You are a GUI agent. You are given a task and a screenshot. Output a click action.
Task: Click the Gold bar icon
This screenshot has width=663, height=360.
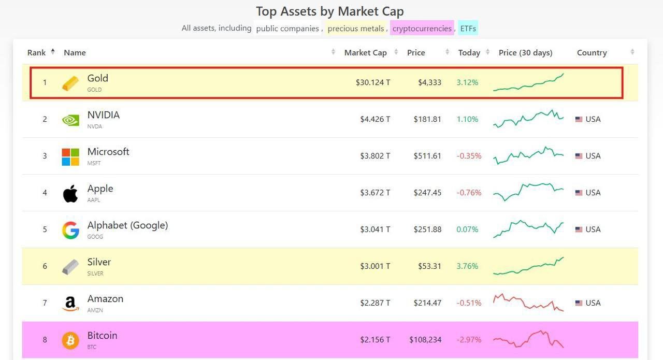70,83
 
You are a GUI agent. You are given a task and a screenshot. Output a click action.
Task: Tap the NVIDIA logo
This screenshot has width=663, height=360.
70,120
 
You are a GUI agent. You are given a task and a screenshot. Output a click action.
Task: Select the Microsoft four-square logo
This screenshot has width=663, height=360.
70,156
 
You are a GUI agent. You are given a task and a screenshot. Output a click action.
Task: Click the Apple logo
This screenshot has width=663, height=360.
70,193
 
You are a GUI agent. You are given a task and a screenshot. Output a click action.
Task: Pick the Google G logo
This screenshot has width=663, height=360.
70,230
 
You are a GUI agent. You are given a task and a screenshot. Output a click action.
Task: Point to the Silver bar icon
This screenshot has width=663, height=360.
70,267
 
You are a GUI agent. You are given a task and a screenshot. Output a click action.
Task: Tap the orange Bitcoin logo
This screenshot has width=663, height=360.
70,340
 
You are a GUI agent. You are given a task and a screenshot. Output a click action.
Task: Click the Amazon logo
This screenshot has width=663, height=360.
70,304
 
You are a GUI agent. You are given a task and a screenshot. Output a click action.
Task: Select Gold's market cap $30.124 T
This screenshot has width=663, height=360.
373,82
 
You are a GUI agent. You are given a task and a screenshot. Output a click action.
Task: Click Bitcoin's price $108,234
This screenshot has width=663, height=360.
425,340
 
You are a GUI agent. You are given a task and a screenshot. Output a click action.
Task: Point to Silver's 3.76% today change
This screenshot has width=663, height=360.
467,266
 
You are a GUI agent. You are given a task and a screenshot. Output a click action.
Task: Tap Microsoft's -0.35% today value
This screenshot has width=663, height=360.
469,156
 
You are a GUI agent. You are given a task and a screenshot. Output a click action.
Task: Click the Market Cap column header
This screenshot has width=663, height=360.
365,53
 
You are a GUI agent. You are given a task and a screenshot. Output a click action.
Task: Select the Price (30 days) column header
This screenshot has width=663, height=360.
525,53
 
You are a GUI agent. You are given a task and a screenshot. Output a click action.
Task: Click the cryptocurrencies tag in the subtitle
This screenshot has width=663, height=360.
422,28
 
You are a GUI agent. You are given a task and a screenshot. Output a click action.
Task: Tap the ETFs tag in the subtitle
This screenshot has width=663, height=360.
468,28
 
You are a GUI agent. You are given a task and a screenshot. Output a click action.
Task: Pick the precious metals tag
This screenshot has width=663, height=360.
356,28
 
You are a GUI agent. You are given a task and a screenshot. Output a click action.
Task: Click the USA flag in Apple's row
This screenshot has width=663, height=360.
579,193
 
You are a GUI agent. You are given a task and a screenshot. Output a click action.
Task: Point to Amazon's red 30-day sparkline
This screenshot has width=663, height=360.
528,303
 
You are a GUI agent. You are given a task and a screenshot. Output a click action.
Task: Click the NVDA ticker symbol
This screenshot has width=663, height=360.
94,126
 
